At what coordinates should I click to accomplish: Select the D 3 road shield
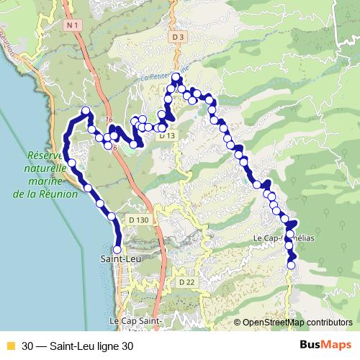pyautogui.click(x=179, y=37)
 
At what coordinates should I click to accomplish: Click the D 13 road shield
pyautogui.click(x=167, y=135)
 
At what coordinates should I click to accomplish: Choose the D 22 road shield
pyautogui.click(x=187, y=282)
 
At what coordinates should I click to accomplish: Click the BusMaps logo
pyautogui.click(x=325, y=344)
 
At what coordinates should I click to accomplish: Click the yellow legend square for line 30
pyautogui.click(x=11, y=345)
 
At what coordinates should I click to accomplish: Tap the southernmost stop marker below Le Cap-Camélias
pyautogui.click(x=292, y=265)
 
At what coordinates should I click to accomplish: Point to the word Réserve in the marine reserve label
pyautogui.click(x=45, y=155)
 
